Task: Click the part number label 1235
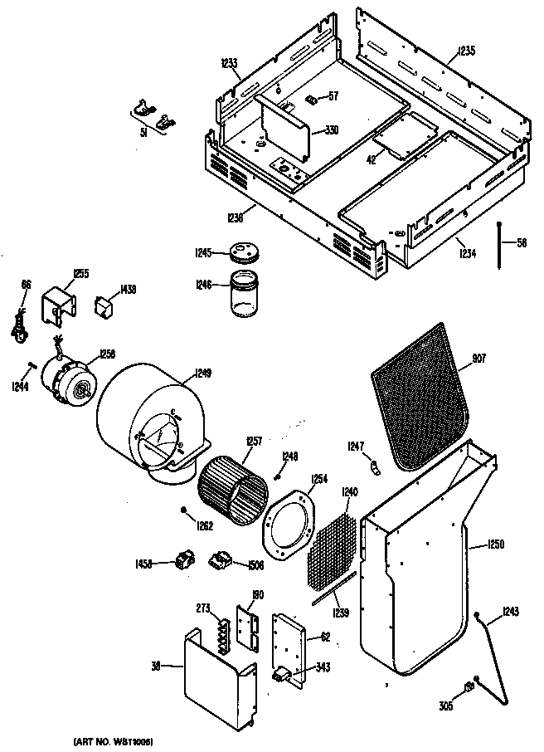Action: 465,51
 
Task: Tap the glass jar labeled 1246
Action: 245,295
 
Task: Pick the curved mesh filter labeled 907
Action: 420,393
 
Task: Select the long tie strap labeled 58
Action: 503,246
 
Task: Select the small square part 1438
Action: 104,306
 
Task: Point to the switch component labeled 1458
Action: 183,562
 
